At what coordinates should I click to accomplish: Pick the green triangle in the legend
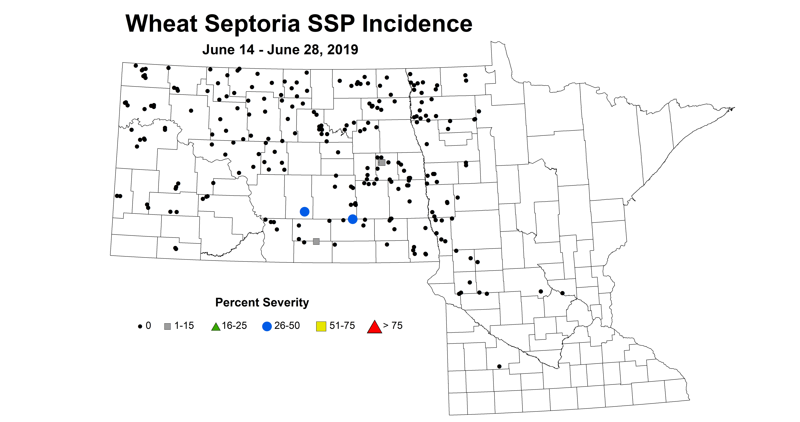pos(216,327)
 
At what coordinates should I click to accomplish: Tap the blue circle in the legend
pos(267,326)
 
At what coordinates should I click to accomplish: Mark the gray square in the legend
pos(167,326)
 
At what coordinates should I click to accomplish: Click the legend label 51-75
pos(342,326)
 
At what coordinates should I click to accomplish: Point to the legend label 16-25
pos(234,326)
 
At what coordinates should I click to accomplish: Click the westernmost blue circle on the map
pos(304,212)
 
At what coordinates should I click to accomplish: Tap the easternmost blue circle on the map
pos(353,219)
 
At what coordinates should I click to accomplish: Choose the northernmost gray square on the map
pos(382,162)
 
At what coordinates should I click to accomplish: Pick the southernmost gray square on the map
pos(316,241)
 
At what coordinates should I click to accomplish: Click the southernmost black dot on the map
pos(499,366)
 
